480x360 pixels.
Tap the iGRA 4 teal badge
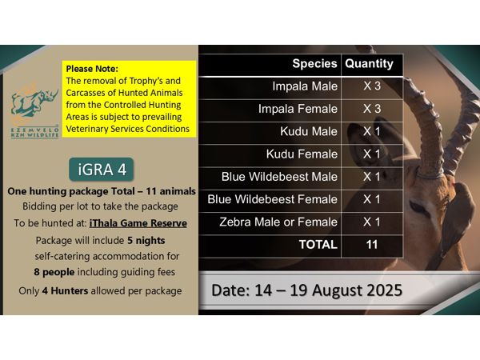click(102, 170)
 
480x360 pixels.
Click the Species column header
click(314, 64)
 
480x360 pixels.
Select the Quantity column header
click(369, 64)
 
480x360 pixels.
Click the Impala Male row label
click(305, 86)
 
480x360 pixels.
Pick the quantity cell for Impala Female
click(372, 109)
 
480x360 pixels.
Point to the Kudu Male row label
click(309, 131)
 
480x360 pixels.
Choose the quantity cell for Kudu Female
click(372, 154)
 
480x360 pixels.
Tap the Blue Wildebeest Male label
click(279, 177)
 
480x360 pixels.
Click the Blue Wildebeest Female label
click(272, 199)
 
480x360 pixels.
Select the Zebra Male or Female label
click(278, 222)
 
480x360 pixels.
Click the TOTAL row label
click(318, 244)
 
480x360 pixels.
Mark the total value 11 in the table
click(372, 244)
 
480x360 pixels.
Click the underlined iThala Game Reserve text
click(138, 223)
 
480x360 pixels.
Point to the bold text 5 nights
click(146, 241)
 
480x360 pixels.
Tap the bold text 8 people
click(54, 272)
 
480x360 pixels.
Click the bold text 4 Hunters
click(65, 291)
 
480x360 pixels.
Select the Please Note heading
click(92, 69)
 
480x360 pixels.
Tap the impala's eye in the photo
click(418, 206)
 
